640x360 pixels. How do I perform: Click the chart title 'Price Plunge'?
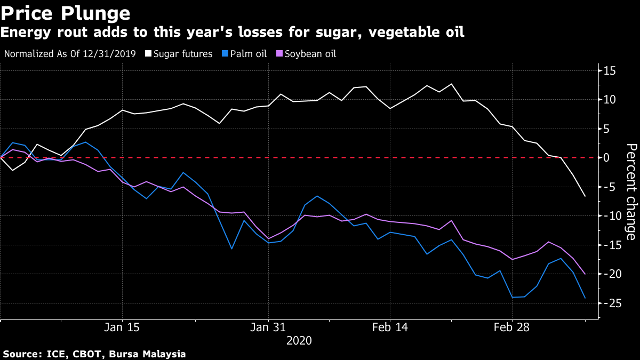[65, 13]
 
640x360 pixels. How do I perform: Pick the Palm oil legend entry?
[247, 54]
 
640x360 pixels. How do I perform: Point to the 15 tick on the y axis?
[610, 71]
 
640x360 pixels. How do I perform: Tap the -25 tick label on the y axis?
[609, 303]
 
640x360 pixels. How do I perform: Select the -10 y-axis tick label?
[609, 216]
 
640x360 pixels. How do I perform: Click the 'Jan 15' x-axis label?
[123, 327]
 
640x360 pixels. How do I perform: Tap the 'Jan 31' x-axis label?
[268, 327]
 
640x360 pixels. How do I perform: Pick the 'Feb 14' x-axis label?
[390, 327]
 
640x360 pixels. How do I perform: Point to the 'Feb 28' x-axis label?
[511, 327]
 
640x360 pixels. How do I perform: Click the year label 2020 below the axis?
[299, 340]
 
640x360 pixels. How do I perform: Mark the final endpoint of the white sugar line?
[585, 196]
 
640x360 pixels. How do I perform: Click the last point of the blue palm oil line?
[585, 298]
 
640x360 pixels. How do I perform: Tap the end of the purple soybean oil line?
[585, 274]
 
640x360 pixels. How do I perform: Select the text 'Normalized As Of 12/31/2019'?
[70, 54]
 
